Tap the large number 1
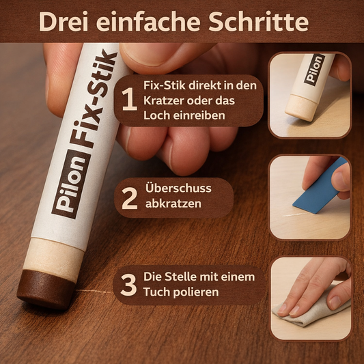tap(128, 101)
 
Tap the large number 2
tap(130, 197)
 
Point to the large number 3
tap(128, 285)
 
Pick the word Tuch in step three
tap(158, 292)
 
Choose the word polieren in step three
tap(197, 292)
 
